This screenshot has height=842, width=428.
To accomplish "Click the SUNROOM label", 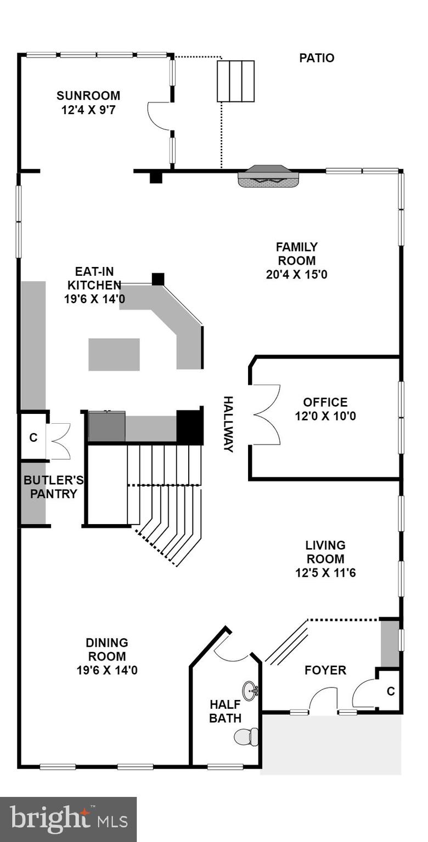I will click(88, 96).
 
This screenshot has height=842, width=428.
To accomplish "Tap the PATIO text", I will click(317, 58).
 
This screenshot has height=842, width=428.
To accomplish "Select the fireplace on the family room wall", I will click(269, 175).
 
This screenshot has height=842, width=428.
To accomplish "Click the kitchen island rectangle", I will click(114, 354).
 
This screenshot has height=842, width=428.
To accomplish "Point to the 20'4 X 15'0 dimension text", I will click(296, 275).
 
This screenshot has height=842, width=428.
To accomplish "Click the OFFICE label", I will click(325, 402).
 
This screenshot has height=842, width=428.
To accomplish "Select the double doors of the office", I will click(266, 414).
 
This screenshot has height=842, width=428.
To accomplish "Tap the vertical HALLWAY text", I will click(228, 424).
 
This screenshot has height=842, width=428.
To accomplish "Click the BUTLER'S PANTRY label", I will click(53, 487).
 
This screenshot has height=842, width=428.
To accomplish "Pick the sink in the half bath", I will click(250, 690).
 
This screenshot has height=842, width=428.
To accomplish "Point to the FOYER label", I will click(325, 670).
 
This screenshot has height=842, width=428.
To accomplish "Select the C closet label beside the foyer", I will click(390, 691).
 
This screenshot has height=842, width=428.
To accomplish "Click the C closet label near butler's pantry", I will click(33, 437).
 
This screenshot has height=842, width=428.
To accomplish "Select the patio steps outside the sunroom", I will click(236, 81).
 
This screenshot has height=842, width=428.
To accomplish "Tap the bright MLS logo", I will click(69, 820).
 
